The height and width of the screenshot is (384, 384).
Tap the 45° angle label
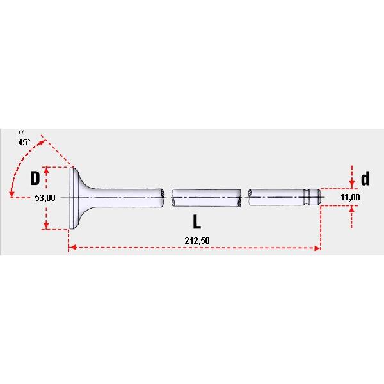point(24,143)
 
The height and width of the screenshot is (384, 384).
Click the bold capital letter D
point(36,177)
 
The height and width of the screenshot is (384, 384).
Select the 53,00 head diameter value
point(45,198)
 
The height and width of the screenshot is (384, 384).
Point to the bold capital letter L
point(197,222)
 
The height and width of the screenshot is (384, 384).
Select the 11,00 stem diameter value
point(350,198)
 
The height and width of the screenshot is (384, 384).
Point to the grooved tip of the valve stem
point(313,197)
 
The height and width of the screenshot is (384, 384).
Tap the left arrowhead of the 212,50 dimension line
point(71,247)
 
